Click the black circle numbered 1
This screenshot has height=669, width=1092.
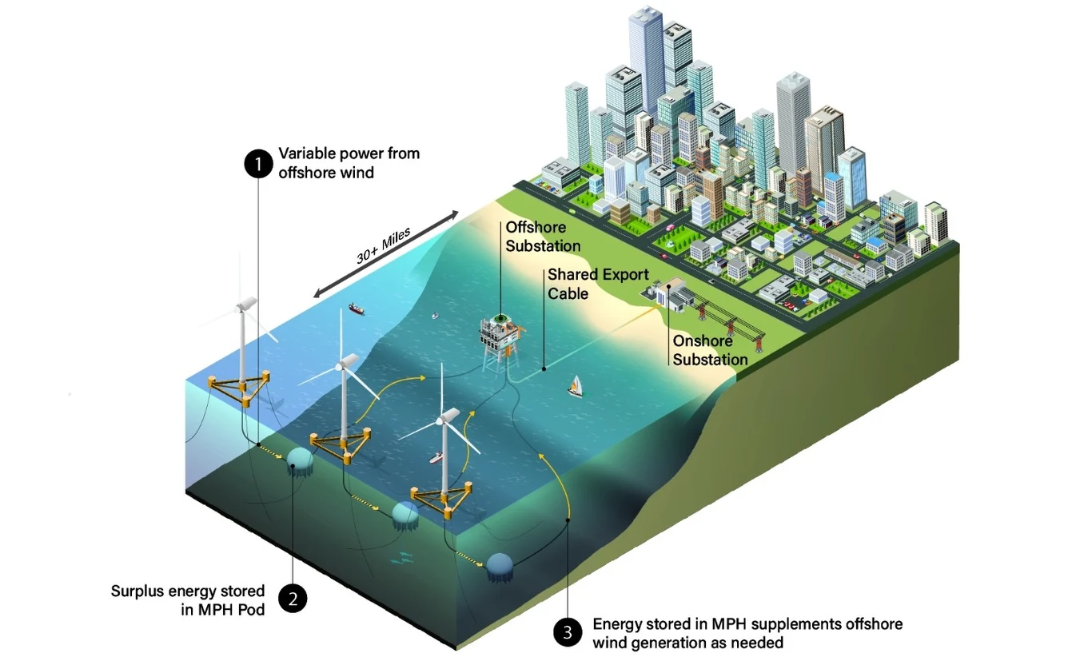[x=258, y=163]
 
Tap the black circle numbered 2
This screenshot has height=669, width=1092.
[x=293, y=599]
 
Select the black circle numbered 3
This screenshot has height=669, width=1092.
[x=568, y=632]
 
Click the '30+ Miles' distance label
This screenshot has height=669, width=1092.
[x=383, y=245]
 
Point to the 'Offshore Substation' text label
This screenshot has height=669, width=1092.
[x=543, y=237]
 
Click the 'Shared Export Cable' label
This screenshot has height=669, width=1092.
[x=598, y=284]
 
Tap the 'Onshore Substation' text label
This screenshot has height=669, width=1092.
[x=710, y=350]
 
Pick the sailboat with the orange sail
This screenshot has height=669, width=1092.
[x=576, y=386]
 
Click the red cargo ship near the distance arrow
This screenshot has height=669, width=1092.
[x=357, y=309]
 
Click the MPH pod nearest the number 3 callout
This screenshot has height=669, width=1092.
[x=500, y=567]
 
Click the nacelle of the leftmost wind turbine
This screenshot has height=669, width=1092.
[x=246, y=304]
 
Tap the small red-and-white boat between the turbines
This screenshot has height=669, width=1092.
[x=436, y=457]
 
